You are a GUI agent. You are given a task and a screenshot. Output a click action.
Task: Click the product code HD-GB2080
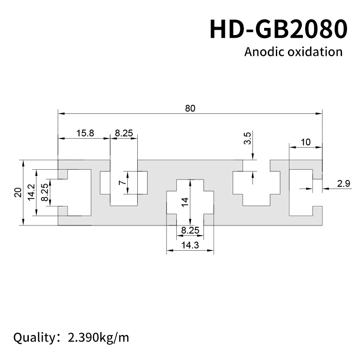pyautogui.click(x=279, y=28)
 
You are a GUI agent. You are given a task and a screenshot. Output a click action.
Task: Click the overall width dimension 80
pyautogui.click(x=190, y=108)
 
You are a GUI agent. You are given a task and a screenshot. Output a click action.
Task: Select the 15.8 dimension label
pyautogui.click(x=85, y=133)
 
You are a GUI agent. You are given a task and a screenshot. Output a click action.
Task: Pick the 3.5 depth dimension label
pyautogui.click(x=247, y=138)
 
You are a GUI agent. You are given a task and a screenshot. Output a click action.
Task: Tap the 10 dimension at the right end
pyautogui.click(x=306, y=142)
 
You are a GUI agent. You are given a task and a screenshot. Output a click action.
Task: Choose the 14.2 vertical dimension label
pyautogui.click(x=31, y=193)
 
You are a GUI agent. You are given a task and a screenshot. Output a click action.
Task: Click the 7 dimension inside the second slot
pyautogui.click(x=121, y=183)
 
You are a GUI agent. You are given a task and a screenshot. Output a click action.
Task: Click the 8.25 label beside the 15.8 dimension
pyautogui.click(x=124, y=133)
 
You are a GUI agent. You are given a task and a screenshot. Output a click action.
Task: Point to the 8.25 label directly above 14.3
pyautogui.click(x=189, y=230)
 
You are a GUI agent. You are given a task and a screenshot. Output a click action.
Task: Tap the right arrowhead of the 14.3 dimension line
pyautogui.click(x=211, y=250)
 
